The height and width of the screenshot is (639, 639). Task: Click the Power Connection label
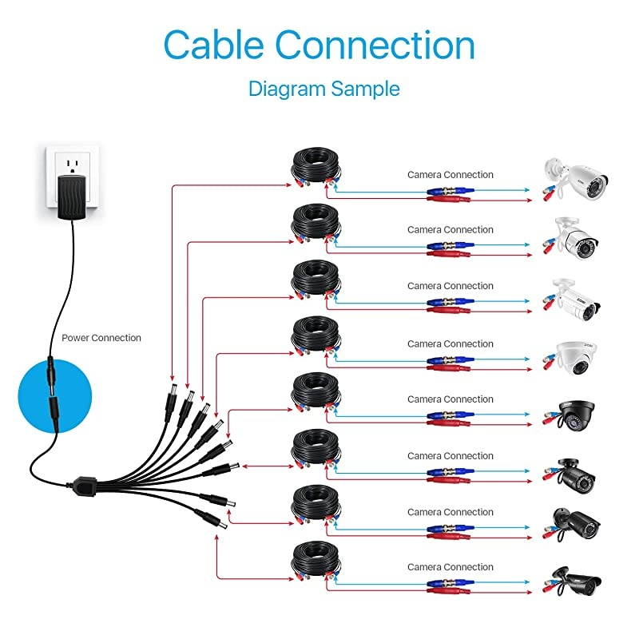click(x=101, y=338)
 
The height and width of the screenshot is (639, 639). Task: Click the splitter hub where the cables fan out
click(x=83, y=484)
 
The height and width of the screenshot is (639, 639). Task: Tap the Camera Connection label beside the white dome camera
click(x=450, y=343)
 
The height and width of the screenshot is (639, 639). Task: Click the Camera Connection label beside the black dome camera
click(x=450, y=399)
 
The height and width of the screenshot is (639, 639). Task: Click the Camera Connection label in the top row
click(x=450, y=174)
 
